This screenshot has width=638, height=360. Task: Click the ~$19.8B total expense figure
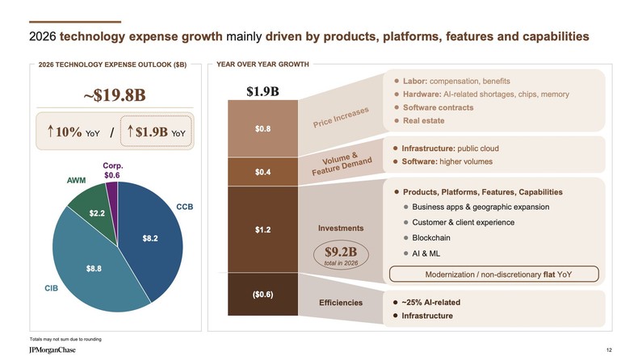114,94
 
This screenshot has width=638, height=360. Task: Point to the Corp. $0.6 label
112,170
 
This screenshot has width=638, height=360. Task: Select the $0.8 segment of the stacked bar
262,128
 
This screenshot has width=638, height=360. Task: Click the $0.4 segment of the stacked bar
262,172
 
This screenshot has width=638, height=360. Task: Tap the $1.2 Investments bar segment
262,229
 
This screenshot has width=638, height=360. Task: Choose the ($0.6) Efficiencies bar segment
262,294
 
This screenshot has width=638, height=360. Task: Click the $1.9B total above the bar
262,90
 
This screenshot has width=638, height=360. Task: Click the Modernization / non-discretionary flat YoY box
493,274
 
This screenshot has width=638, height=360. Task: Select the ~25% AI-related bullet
430,302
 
